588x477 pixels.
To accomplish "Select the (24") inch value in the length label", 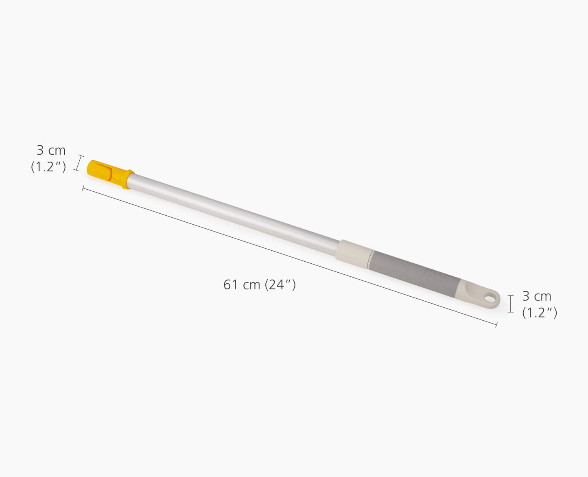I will point(280,285).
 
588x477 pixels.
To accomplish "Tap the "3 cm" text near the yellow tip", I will point(51,151).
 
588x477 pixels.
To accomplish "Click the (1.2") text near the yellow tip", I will point(48,166).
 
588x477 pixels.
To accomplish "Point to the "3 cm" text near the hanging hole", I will point(537,296).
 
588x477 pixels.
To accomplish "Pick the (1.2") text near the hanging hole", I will point(540,312).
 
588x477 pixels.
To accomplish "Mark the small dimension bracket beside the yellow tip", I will point(78,163).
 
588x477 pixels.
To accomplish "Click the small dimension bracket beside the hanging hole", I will point(511,304).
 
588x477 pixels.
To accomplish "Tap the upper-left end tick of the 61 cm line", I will point(83,188).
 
